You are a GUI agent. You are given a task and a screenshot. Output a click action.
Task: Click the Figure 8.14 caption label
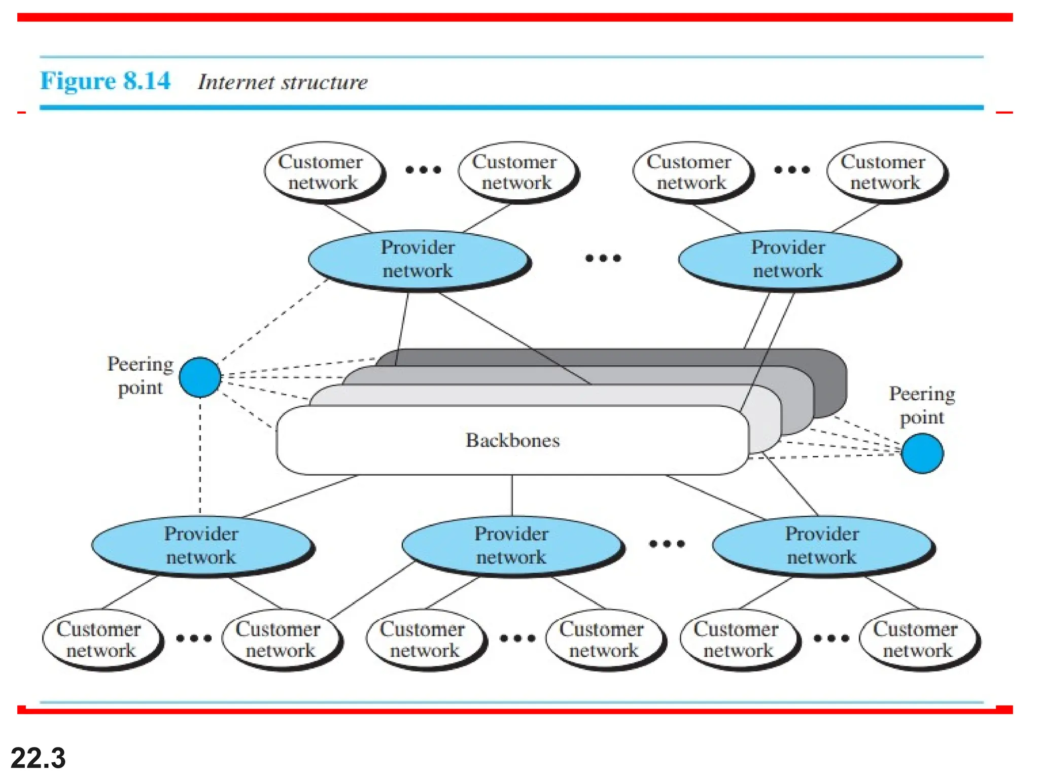[x=105, y=81]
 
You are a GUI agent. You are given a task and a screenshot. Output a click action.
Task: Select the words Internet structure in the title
[x=283, y=82]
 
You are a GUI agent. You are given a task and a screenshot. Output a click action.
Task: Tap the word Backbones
[x=512, y=440]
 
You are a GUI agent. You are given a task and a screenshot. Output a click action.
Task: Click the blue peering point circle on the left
[x=200, y=377]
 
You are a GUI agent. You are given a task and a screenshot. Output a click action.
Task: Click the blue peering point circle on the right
[x=922, y=453]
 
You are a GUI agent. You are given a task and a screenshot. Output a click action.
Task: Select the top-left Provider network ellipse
[x=418, y=259]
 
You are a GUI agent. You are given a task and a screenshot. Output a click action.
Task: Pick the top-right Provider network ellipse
[x=788, y=259]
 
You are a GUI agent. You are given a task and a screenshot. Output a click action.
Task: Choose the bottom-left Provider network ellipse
[x=201, y=545]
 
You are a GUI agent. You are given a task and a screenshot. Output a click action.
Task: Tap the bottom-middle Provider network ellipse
[x=511, y=545]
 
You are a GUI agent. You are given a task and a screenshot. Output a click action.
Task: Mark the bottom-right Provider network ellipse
[x=822, y=545]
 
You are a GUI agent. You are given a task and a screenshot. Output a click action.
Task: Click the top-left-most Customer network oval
[x=322, y=172]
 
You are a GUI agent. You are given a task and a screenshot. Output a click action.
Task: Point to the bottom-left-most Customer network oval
[x=100, y=640]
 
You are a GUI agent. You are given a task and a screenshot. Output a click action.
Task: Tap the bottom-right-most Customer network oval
[x=917, y=640]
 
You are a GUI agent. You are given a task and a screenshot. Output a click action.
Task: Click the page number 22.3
[x=38, y=758]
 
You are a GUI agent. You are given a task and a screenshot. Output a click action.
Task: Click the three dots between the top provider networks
[x=603, y=258]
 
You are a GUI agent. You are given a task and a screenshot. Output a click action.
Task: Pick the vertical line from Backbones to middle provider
[x=512, y=495]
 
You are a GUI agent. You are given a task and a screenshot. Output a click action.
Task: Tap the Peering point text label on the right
[x=922, y=405]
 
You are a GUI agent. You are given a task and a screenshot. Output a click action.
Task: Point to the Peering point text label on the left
[x=140, y=376]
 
